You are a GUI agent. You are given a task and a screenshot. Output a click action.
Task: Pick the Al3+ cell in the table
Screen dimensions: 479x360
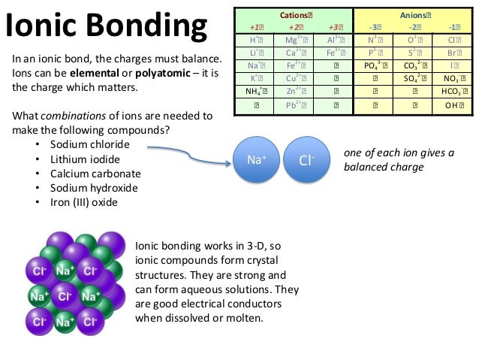point(335,39)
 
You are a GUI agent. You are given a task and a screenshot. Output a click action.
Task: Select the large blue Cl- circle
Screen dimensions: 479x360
point(306,160)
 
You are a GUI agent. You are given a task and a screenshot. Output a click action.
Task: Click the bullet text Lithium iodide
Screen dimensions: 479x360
point(84,159)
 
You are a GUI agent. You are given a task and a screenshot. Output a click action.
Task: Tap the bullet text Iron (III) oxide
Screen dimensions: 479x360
point(83,202)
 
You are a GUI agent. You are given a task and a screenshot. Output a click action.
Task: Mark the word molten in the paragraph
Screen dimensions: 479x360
point(241,317)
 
